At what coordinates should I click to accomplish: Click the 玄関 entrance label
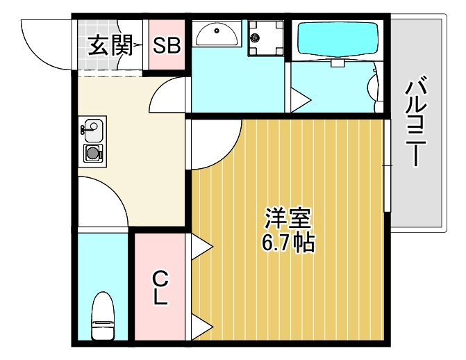pos(110,46)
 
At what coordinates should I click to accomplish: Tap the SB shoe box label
pos(167,46)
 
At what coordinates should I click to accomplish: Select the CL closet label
pos(160,288)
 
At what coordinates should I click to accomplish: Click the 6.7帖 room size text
pos(288,243)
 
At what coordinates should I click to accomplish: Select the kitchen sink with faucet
pos(92,129)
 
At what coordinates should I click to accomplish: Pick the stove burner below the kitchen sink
pos(93,153)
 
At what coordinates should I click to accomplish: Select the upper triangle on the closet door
pos(201,245)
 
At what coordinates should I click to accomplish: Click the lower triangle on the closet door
pos(201,323)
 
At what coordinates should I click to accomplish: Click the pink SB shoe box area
pos(167,56)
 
